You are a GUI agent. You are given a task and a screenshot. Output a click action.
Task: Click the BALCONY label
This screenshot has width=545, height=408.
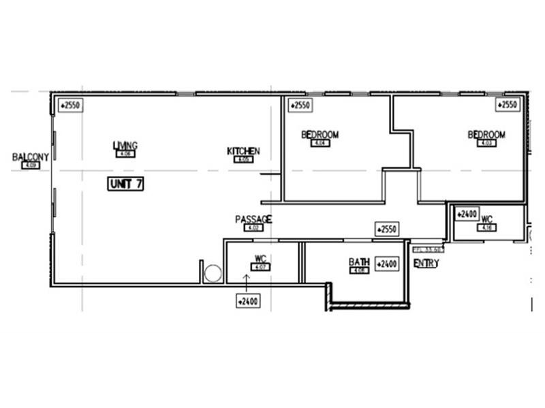click(31, 157)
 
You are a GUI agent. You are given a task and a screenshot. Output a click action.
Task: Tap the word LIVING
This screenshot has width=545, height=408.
click(125, 146)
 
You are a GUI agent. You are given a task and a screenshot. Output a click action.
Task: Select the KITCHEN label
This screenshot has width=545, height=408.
click(243, 151)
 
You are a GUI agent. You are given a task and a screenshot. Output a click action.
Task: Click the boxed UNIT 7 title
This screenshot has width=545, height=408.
click(125, 184)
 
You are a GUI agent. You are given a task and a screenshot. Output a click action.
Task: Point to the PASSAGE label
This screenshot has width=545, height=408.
click(253, 219)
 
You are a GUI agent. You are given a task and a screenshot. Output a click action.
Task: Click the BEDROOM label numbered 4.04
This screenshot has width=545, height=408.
click(320, 135)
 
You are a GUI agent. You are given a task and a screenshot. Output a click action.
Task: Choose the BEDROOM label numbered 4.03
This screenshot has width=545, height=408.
click(486, 135)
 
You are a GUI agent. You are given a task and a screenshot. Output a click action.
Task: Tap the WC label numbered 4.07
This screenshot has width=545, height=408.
click(260, 259)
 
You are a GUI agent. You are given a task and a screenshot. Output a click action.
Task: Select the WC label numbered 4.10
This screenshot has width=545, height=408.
click(486, 220)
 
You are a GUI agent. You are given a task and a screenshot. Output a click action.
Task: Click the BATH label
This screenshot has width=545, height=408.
click(359, 262)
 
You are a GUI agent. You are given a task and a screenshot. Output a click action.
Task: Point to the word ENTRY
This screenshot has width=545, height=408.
click(426, 263)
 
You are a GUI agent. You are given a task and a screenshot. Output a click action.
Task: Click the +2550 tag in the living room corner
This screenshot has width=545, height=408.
click(70, 105)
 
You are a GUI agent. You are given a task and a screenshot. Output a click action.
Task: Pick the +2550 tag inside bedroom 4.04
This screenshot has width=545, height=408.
click(300, 105)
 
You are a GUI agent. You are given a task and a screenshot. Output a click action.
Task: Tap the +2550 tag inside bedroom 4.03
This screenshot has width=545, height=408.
click(508, 105)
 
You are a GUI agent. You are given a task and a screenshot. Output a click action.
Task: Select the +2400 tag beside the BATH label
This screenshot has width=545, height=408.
click(387, 263)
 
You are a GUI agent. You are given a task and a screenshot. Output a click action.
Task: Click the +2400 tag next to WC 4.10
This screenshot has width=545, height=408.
click(467, 214)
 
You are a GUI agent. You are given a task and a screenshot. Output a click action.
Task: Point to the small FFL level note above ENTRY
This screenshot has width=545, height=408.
click(428, 249)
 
